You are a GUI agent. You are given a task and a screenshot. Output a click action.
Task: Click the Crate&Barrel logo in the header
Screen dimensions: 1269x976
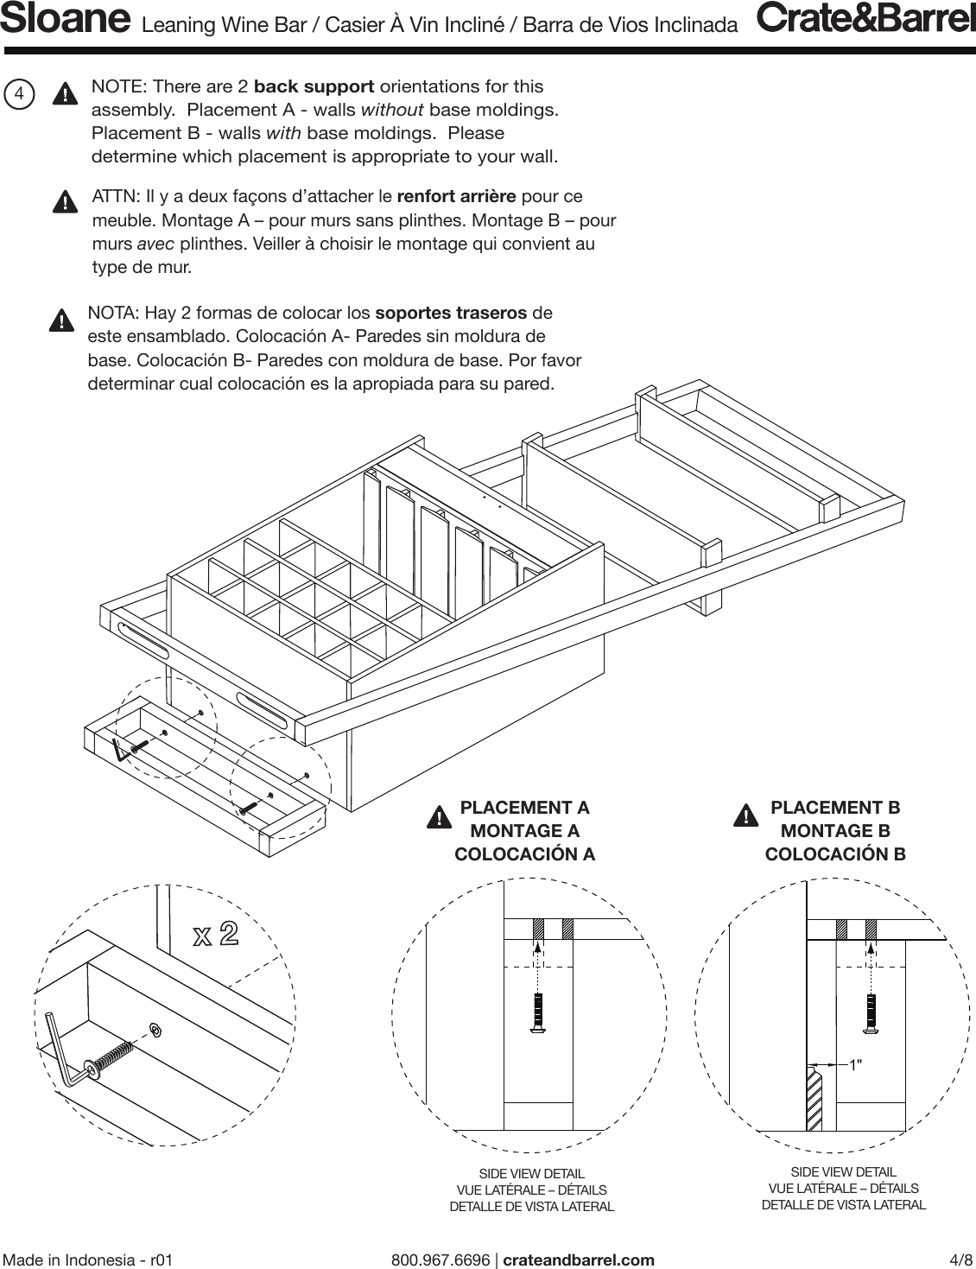point(865,19)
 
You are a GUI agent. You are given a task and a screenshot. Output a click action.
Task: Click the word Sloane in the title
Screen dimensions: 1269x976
point(66,20)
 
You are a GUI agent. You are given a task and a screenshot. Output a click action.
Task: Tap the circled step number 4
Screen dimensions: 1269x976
point(19,93)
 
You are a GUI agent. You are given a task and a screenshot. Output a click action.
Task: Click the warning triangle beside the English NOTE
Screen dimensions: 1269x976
point(64,94)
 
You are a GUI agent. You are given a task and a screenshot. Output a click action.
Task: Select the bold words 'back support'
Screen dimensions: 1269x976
point(314,86)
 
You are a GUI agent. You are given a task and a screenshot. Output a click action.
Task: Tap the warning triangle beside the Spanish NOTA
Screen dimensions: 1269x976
point(60,320)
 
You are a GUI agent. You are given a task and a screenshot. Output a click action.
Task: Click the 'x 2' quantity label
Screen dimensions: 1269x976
point(215,934)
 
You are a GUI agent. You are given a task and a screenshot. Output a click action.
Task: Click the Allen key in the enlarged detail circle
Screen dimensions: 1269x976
point(61,1052)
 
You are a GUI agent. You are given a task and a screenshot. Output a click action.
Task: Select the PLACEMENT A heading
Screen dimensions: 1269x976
point(524,808)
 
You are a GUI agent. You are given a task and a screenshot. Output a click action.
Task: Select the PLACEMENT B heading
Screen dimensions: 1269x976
point(834,808)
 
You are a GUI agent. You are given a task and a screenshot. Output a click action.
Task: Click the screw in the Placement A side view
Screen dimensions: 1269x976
point(538,1012)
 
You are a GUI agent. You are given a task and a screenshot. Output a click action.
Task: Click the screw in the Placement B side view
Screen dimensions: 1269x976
point(871,1012)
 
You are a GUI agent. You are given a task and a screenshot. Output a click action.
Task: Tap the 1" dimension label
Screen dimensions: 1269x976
point(855,1065)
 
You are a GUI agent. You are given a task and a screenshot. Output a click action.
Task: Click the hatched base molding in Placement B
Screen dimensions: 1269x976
point(814,1099)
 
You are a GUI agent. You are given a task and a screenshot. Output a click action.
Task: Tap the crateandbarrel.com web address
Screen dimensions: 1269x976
point(578,1259)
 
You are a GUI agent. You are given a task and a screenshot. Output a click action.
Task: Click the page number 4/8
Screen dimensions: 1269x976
point(960,1259)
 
